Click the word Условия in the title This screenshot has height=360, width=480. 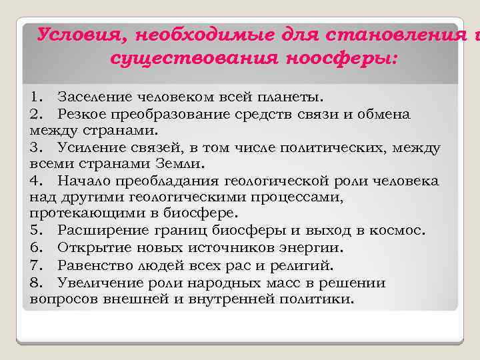72,34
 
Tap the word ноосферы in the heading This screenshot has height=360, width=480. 340,59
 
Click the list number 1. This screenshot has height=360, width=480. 37,97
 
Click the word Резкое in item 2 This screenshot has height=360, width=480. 80,114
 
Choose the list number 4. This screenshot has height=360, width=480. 36,181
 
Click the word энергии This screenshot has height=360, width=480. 314,248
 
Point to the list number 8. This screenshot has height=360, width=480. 36,282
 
